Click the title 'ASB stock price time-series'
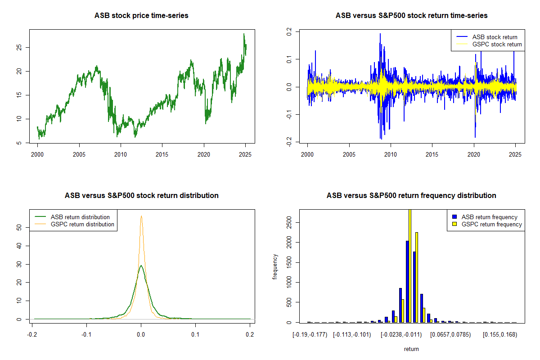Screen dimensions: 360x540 [141, 16]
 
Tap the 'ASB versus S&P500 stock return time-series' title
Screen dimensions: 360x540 [411, 16]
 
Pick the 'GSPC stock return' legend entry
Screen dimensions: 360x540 [497, 44]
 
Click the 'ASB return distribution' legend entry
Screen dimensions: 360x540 [80, 217]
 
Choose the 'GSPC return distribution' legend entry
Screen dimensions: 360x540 [82, 224]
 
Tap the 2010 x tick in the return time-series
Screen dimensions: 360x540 [391, 154]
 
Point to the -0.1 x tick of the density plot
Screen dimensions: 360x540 [87, 334]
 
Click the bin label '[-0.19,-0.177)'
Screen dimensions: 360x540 [308, 334]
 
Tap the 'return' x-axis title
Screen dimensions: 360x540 [411, 349]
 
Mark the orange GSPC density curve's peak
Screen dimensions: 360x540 [141, 216]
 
